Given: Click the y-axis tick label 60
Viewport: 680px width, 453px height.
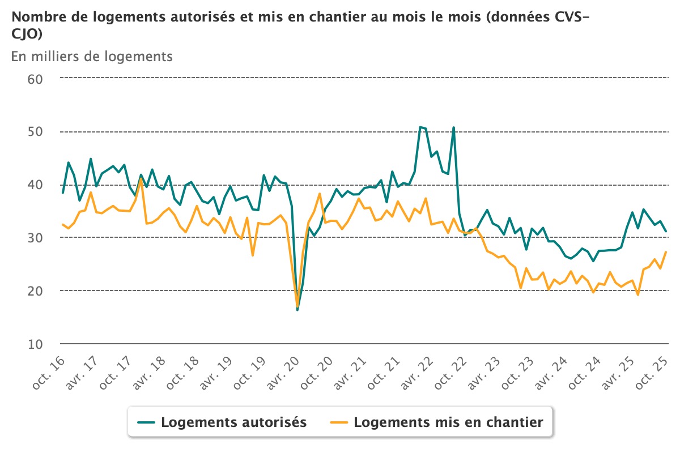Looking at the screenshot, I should click(x=35, y=78).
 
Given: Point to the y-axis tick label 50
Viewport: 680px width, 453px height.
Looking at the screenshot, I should click(x=35, y=131).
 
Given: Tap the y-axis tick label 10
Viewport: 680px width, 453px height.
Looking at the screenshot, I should click(x=35, y=344).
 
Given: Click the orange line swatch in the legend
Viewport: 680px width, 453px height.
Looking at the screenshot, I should click(x=338, y=422).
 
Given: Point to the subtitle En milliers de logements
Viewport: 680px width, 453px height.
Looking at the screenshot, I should click(x=91, y=56).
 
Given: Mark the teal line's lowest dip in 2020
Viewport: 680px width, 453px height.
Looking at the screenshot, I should click(x=297, y=310).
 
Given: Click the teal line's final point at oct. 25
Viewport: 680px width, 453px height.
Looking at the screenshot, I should click(x=666, y=231).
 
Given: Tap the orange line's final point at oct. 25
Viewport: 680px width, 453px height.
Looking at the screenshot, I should click(x=666, y=251).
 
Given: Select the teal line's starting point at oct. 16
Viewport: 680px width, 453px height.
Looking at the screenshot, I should click(x=63, y=193).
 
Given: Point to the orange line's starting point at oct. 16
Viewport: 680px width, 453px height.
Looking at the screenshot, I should click(x=63, y=224).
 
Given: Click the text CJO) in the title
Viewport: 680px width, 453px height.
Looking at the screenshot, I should click(x=26, y=34).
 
